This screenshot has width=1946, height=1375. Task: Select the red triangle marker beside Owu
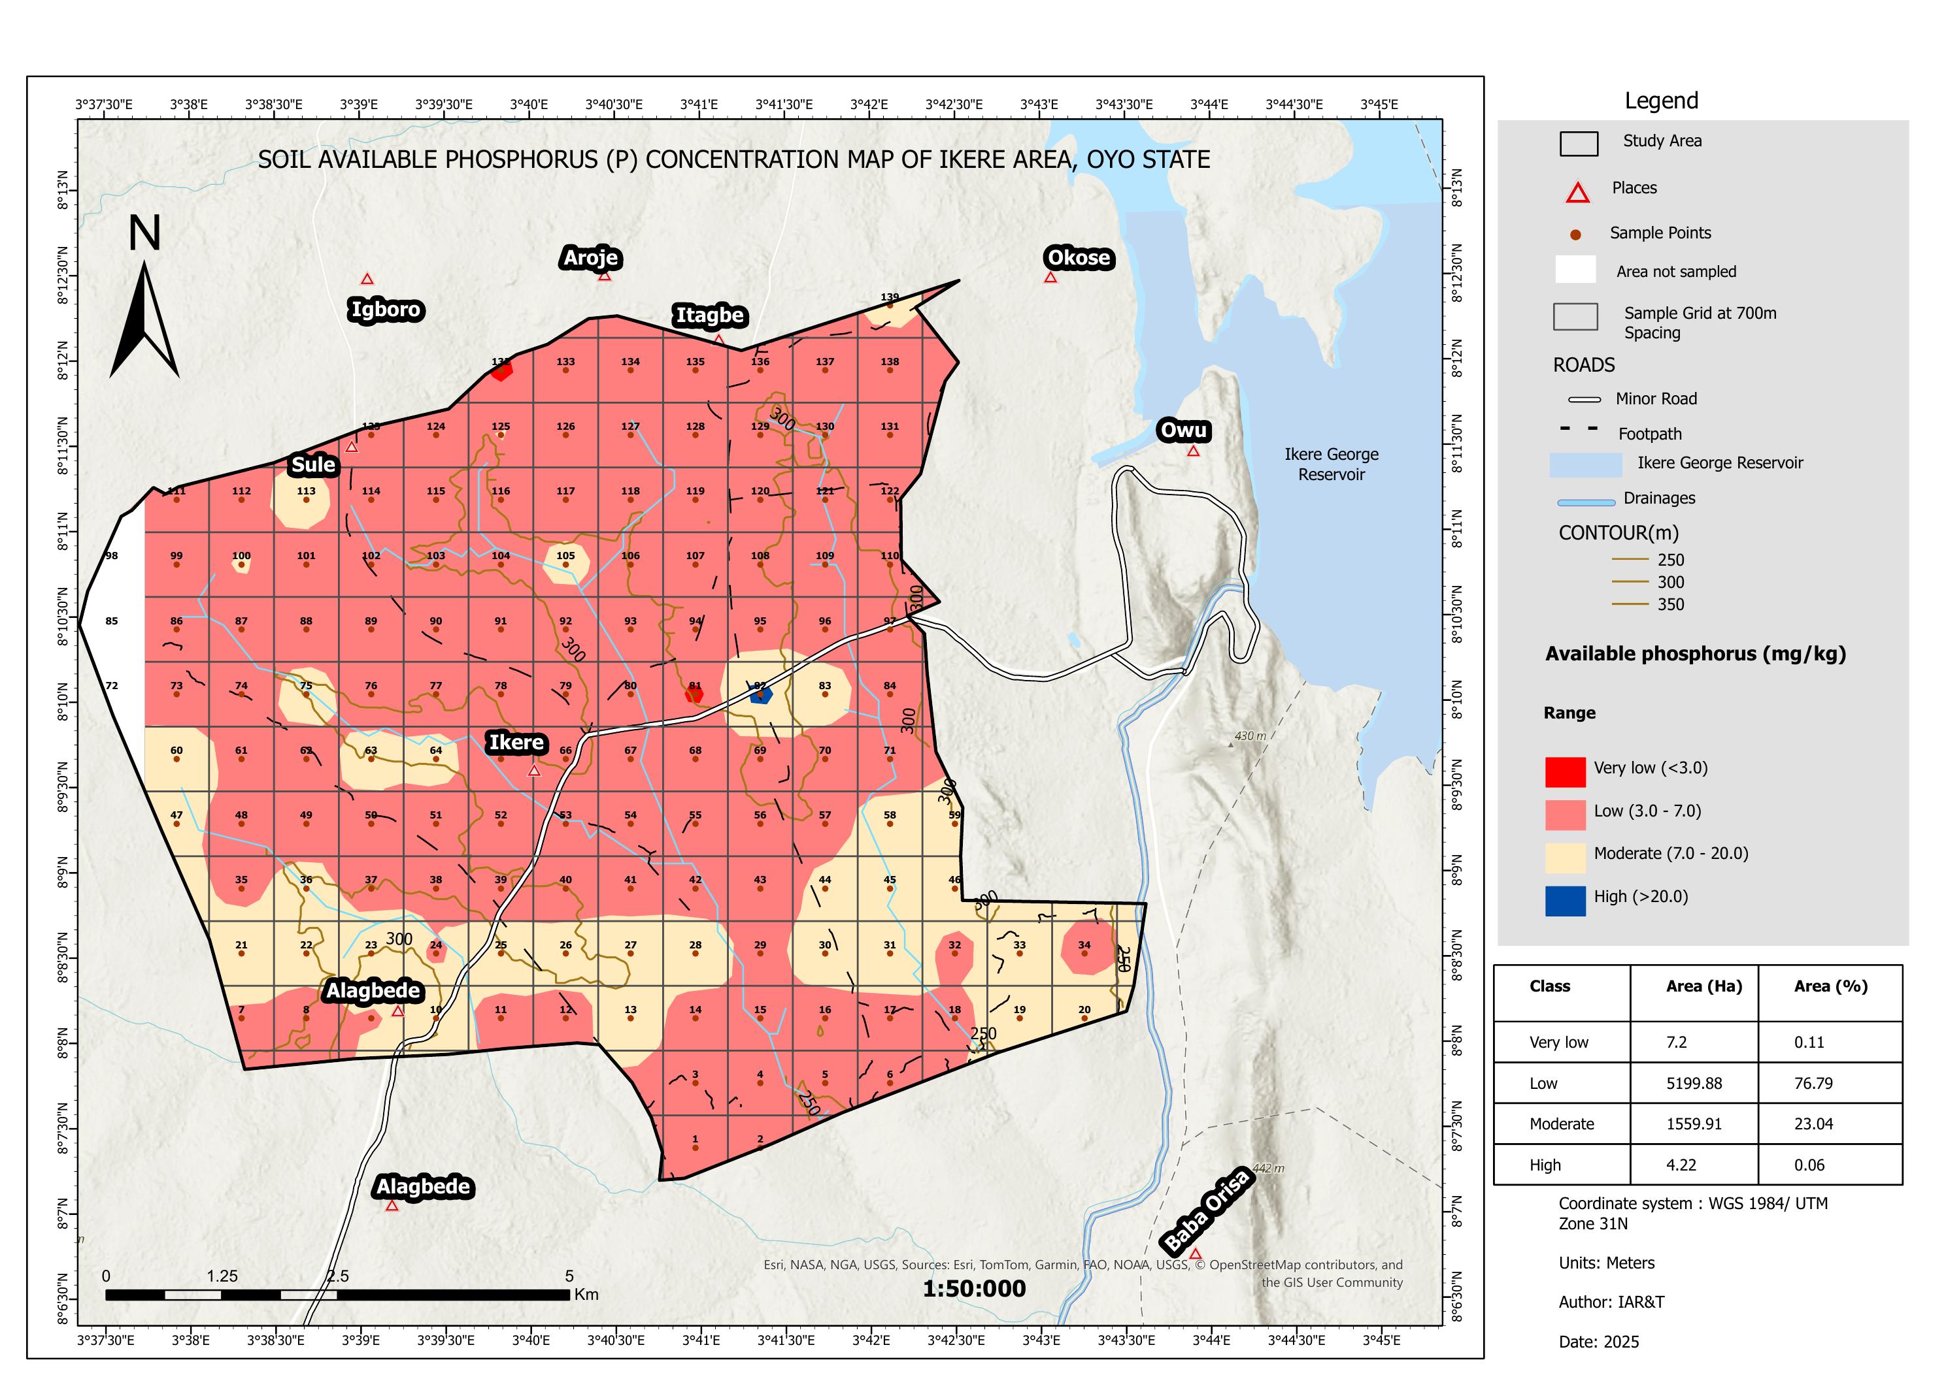(x=1194, y=451)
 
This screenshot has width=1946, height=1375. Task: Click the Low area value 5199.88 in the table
(x=1694, y=1083)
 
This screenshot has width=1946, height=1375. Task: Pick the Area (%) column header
(x=1831, y=986)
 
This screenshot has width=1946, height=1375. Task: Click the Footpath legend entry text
(x=1649, y=434)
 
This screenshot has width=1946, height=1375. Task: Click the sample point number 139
(x=889, y=297)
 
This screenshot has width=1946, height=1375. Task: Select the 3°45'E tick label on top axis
(x=1379, y=105)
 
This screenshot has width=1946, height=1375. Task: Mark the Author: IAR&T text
(x=1611, y=1302)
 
